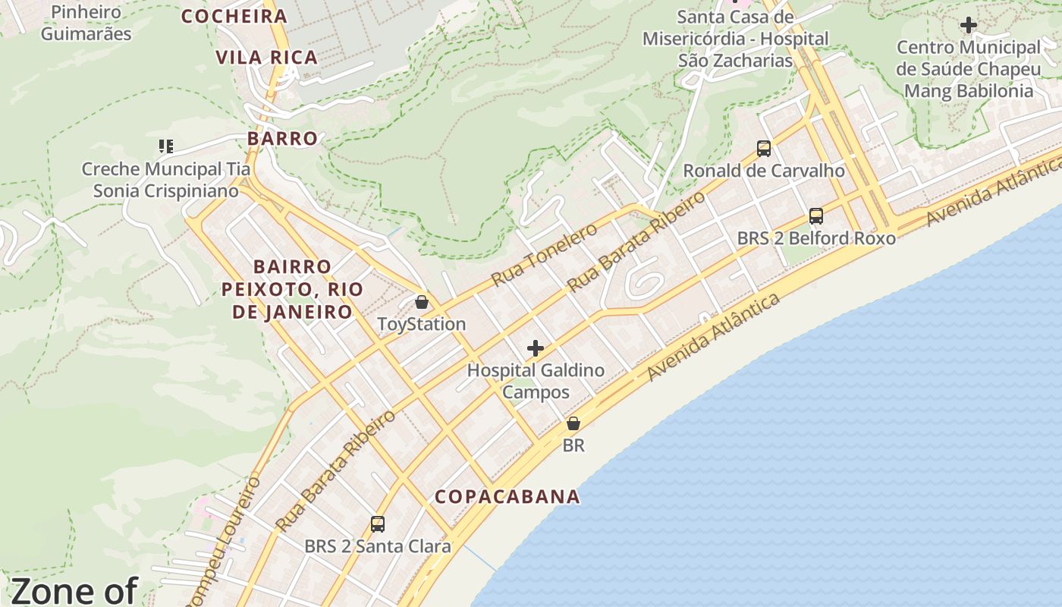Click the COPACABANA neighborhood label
507,497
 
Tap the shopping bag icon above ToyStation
422,302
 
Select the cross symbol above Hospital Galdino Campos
536,348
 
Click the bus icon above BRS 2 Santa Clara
377,524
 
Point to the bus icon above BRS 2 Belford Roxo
816,215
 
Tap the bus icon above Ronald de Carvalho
764,148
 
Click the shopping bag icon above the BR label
573,423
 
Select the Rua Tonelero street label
544,254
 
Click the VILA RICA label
266,58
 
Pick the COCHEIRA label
234,16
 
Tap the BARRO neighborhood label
282,139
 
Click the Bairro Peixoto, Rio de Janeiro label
292,289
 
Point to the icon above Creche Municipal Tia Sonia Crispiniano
165,146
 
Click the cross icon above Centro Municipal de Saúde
968,25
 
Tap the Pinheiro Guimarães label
86,23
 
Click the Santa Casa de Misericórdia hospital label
735,38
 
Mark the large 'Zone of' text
74,590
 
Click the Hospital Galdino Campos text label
536,381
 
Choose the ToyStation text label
422,324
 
